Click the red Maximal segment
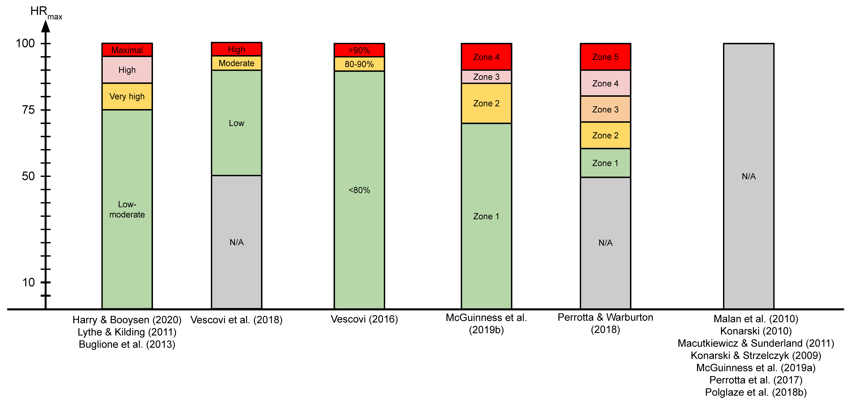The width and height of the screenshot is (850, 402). [127, 50]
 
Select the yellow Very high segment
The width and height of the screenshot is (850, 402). [127, 96]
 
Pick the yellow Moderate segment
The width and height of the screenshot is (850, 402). [237, 63]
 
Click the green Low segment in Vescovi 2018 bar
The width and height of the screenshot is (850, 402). [237, 123]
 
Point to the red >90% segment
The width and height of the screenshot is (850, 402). [359, 50]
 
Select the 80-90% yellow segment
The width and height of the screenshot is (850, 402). [359, 64]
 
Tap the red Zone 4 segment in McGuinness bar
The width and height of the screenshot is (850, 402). [486, 57]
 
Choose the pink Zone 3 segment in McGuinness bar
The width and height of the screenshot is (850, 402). [486, 77]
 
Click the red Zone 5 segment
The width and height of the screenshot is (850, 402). [605, 57]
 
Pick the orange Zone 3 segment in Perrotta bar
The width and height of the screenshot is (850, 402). [605, 109]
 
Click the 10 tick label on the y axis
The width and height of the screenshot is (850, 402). [28, 282]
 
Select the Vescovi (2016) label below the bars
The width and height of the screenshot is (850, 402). [364, 319]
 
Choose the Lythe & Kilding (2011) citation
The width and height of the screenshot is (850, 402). [127, 332]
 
